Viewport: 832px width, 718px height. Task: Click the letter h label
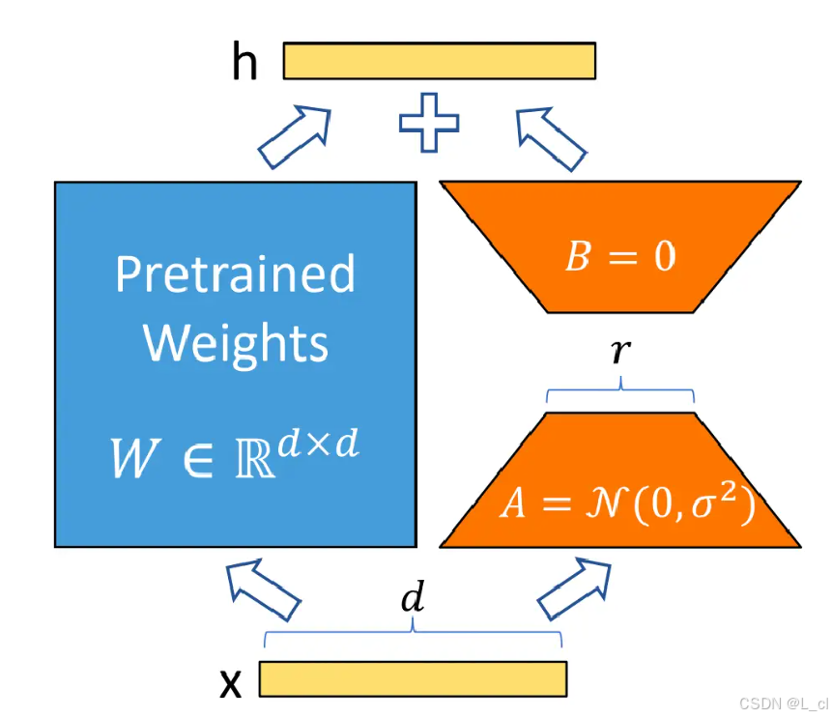(x=245, y=63)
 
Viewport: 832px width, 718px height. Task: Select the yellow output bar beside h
(x=439, y=60)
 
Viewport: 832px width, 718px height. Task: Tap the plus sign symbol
(x=429, y=123)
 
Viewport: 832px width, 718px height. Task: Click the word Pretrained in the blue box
(x=235, y=274)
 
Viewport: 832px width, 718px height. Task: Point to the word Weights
(x=236, y=342)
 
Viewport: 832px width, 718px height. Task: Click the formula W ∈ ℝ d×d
(x=234, y=455)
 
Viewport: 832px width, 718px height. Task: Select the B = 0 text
(x=619, y=256)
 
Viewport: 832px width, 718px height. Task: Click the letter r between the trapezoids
(x=619, y=353)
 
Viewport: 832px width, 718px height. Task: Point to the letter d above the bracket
(x=413, y=599)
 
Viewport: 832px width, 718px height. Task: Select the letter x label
(x=231, y=682)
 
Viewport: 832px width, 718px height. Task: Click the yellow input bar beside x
(x=413, y=678)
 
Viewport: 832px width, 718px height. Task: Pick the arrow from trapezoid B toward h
(x=551, y=135)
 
